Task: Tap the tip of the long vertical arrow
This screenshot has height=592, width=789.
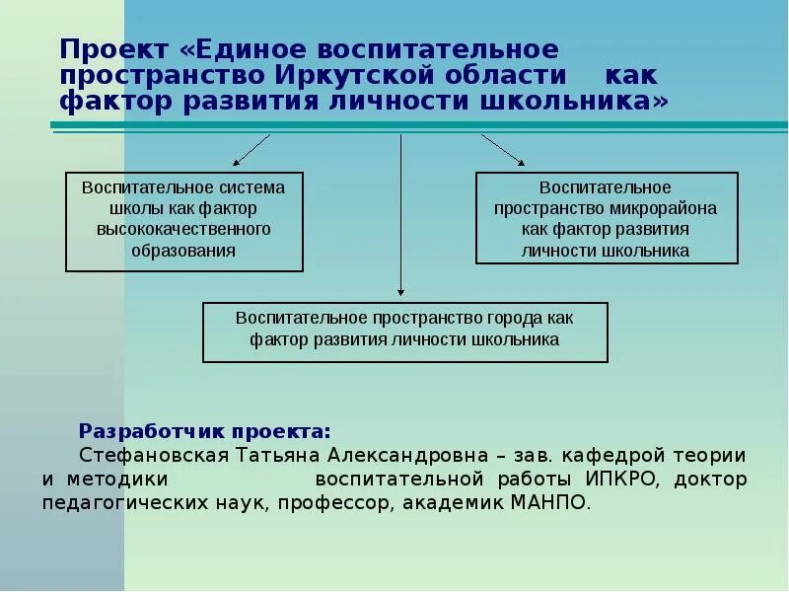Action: click(400, 292)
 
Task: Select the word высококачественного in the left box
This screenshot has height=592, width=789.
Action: click(183, 229)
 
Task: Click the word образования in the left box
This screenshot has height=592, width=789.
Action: click(183, 250)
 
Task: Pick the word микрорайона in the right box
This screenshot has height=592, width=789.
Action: click(671, 208)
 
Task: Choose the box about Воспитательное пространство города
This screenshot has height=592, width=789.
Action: click(404, 332)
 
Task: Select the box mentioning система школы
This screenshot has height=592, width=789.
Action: click(183, 221)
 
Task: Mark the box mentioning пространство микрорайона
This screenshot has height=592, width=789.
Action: click(606, 218)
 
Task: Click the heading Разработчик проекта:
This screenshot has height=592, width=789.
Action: click(205, 432)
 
